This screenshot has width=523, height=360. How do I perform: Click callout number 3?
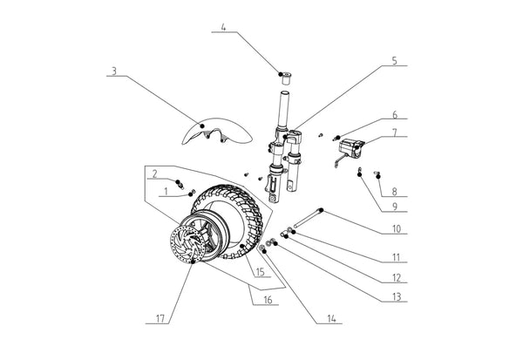pos(114,70)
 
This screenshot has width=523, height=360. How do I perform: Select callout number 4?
pos(223,28)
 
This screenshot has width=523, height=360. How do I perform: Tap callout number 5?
pos(394,61)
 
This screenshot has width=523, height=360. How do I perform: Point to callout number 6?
pos(394,114)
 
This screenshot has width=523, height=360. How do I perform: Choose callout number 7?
pos(394,133)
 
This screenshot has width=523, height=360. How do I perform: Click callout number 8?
pos(394,191)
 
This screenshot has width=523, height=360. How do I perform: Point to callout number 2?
pos(154,173)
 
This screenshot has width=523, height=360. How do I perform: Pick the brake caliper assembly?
pos(350,149)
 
